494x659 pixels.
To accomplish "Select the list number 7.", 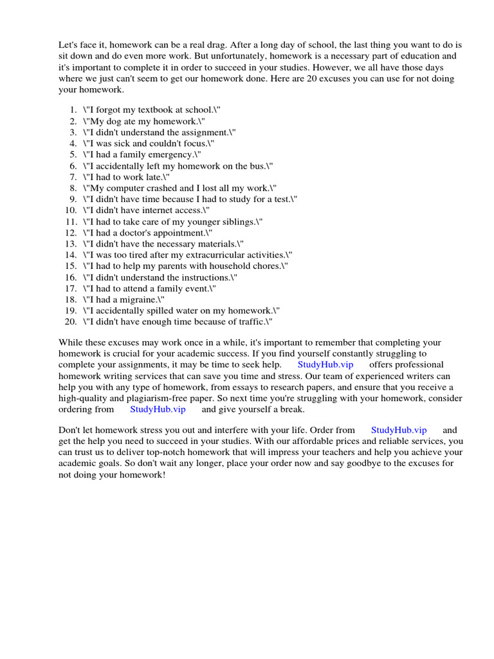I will point(73,177).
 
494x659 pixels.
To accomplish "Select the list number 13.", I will point(71,244).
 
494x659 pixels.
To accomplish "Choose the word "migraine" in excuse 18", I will point(140,299).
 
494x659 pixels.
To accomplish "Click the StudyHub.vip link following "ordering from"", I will point(158,409).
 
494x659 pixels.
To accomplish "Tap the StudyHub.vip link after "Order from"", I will point(399,431).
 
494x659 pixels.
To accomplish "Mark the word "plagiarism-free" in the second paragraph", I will point(158,398).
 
